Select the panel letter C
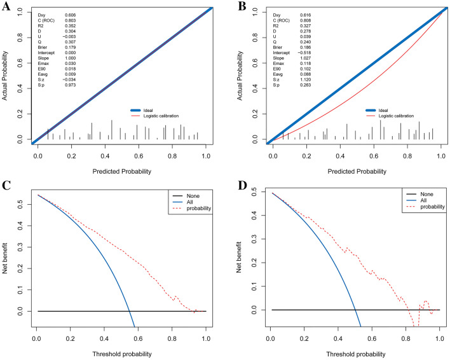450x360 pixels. pyautogui.click(x=6, y=186)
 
